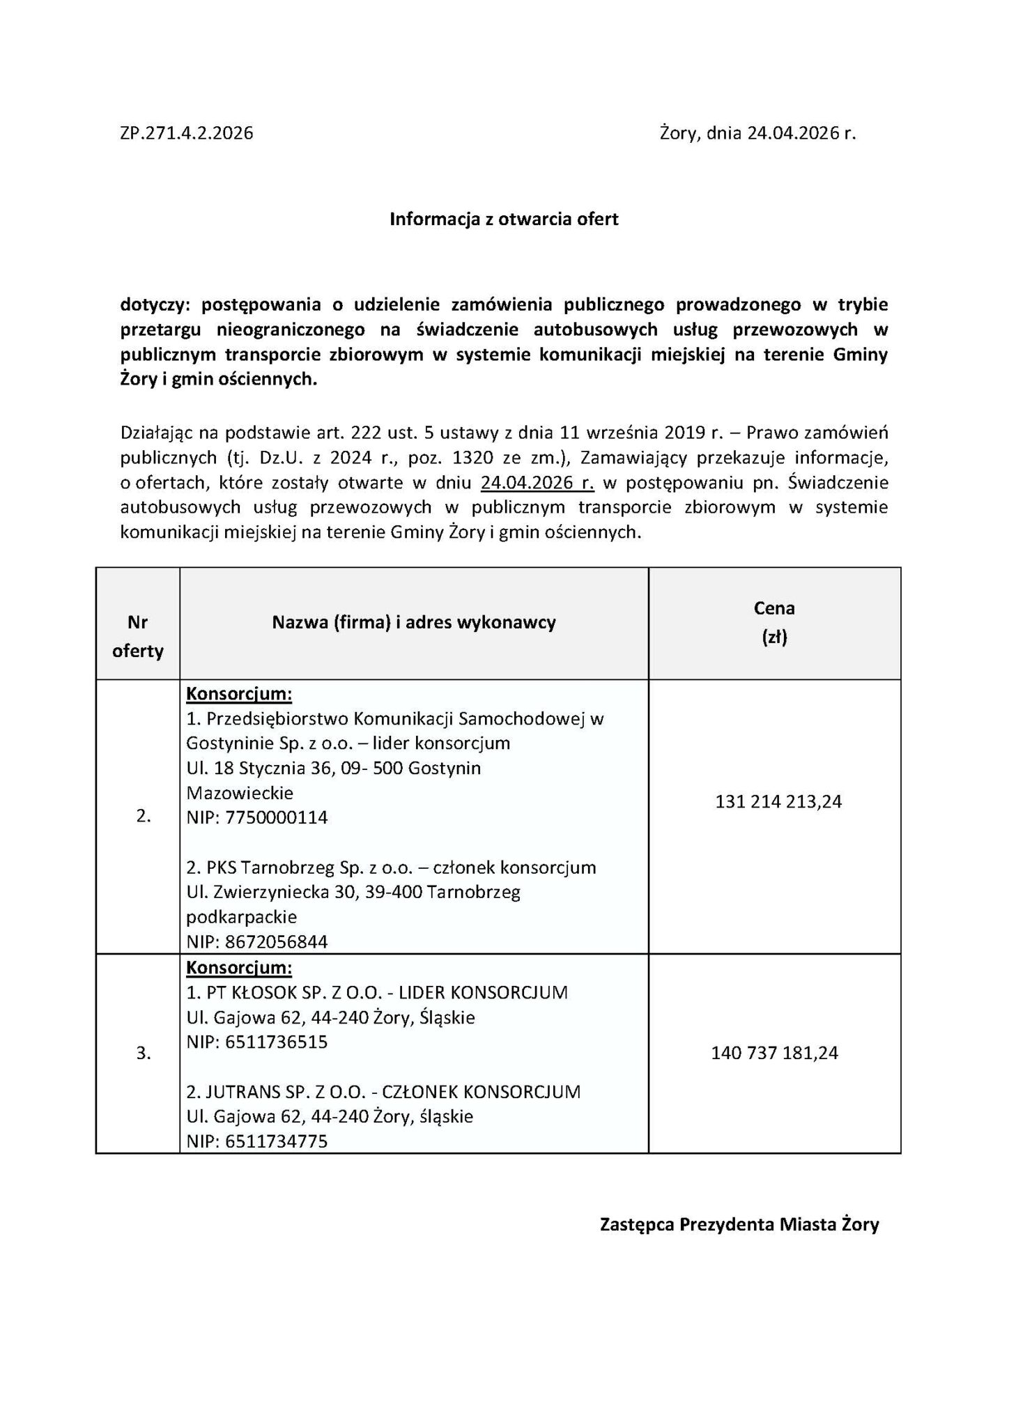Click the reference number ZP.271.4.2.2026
186,133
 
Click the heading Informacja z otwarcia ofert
504,219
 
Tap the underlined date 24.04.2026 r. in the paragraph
537,483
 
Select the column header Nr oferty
137,636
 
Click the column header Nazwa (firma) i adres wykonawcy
414,622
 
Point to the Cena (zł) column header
774,622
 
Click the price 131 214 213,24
778,802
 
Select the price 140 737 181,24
774,1053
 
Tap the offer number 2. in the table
144,817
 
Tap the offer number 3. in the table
144,1053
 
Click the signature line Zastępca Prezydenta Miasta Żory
739,1244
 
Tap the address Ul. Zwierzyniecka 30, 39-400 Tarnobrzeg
353,892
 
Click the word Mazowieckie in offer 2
240,792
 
